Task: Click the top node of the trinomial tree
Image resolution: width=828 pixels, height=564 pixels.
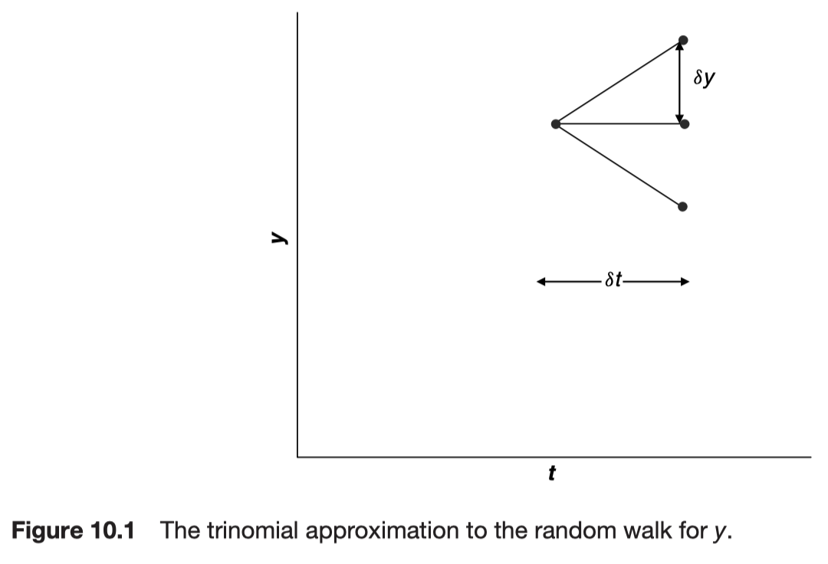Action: coord(683,40)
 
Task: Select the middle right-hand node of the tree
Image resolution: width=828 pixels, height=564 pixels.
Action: coord(685,123)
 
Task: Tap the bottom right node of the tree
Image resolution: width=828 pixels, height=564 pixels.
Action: coord(683,206)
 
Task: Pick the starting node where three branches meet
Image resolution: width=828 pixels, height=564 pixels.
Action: coord(556,123)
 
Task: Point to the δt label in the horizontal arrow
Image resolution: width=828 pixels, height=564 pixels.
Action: coord(613,281)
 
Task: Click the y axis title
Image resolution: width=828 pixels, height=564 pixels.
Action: coord(278,239)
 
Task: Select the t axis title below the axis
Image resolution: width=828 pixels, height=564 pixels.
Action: coord(552,474)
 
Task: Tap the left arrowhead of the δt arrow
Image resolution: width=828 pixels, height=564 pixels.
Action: coord(541,282)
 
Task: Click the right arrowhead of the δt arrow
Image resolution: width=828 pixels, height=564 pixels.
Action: coord(685,282)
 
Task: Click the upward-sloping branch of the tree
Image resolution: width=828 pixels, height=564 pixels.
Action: coord(619,81)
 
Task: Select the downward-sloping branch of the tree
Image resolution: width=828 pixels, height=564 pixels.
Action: coord(619,165)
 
